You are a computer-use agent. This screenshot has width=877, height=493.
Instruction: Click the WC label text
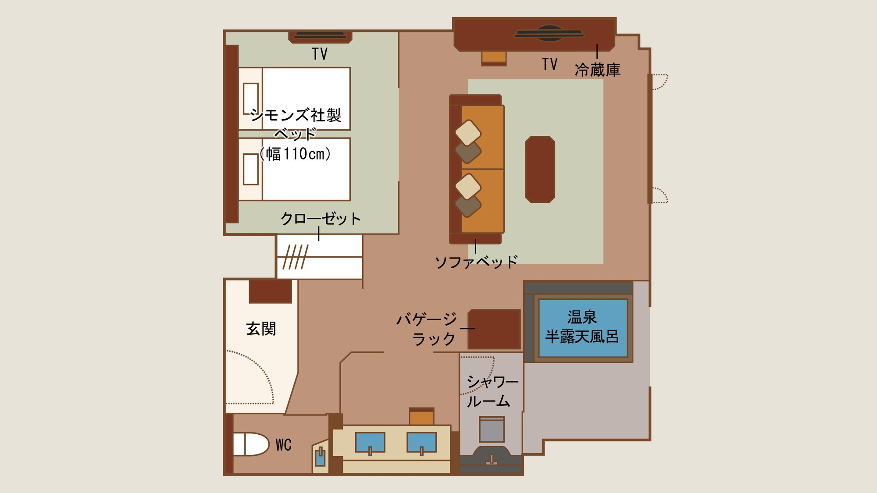tap(283, 445)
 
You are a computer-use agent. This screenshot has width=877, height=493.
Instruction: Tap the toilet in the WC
tap(250, 444)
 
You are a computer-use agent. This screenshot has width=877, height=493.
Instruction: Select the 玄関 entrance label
tap(261, 329)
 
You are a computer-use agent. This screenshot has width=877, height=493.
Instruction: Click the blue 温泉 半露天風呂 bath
tap(583, 327)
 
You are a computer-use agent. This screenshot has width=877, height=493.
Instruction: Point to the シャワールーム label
tap(492, 391)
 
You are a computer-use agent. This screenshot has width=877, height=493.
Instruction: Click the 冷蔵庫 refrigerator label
tap(597, 69)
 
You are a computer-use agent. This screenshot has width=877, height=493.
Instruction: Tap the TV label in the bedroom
tap(320, 54)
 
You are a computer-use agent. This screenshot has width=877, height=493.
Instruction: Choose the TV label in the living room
tap(549, 64)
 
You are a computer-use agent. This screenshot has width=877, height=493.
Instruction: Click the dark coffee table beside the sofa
tap(540, 169)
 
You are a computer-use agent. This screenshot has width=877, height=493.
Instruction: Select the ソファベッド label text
tap(476, 262)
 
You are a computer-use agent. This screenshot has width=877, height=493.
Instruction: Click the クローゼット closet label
tap(321, 218)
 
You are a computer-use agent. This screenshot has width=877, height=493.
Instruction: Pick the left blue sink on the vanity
tap(370, 442)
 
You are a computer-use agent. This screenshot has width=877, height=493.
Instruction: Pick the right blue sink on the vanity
tap(421, 442)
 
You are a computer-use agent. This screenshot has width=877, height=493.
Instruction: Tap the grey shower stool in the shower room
tap(492, 429)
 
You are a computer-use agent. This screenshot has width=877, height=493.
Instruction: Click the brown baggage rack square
tap(494, 329)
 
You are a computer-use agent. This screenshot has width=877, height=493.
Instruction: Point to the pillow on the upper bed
tap(250, 99)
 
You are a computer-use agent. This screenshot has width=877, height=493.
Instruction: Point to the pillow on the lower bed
tap(250, 169)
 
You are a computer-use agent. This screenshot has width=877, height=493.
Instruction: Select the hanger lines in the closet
tap(295, 257)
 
